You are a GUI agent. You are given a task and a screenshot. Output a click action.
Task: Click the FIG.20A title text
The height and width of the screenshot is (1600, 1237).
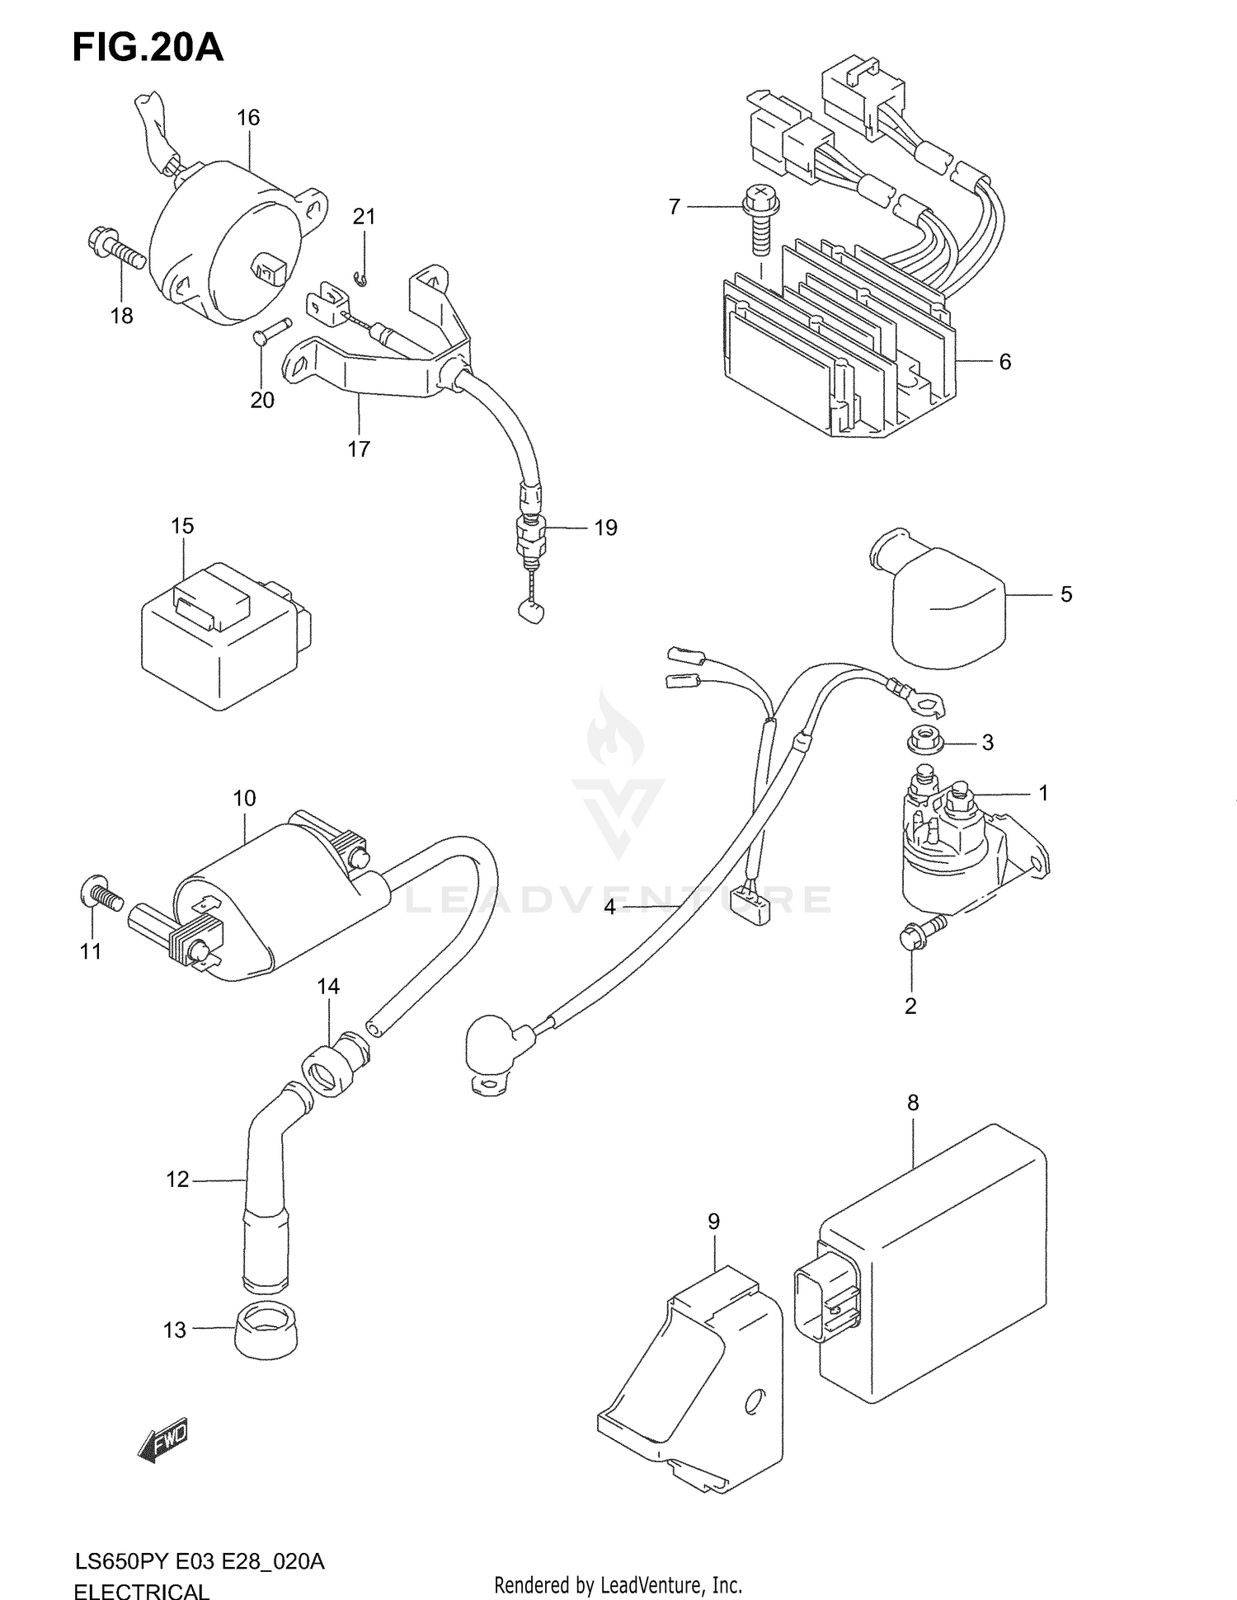pos(148,48)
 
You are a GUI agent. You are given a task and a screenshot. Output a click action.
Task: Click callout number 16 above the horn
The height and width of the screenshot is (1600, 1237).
pos(248,118)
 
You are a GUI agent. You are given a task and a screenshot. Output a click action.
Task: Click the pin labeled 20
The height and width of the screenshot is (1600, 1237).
pos(270,330)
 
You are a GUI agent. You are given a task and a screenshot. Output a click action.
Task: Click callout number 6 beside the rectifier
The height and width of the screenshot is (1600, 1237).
pos(1004,362)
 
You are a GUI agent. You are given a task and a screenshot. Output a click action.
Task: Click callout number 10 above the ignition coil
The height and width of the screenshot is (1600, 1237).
pos(244,798)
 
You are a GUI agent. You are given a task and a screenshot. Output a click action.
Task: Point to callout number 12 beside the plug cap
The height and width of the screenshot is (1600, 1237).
pos(177,1180)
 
